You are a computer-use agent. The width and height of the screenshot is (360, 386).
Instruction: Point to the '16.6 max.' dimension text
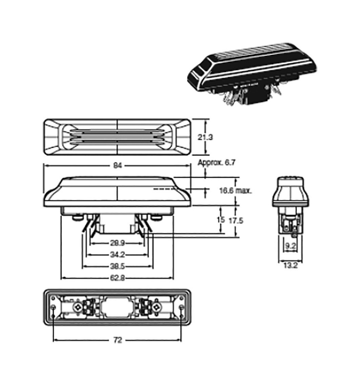pos(235,190)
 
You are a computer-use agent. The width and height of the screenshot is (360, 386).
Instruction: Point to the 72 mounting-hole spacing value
pos(118,340)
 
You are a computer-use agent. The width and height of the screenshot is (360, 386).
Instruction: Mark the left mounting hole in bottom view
pos(54,308)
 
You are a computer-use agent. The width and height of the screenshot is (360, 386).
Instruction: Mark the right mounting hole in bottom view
pos(182,308)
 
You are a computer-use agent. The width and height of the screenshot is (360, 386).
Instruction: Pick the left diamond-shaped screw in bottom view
pos(78,308)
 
